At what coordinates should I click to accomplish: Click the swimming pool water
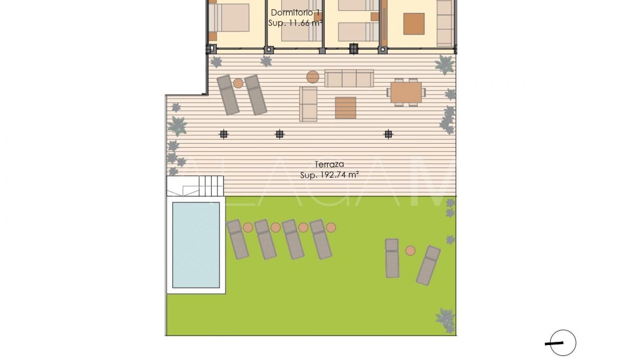[196, 245]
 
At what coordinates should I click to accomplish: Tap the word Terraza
[329, 164]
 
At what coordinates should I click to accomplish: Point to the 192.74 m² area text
[329, 175]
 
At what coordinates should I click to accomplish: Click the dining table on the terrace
[406, 92]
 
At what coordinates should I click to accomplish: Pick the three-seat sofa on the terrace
[349, 78]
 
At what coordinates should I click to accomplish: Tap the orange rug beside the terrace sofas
[346, 108]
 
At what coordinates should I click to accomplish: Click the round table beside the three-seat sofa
[313, 77]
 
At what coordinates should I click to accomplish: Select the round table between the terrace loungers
[238, 83]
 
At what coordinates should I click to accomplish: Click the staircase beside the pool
[211, 186]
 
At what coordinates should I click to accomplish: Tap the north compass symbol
[563, 343]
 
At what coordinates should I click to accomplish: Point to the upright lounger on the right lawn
[392, 258]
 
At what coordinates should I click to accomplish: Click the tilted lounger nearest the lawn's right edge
[428, 265]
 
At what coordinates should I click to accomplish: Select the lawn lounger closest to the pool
[238, 239]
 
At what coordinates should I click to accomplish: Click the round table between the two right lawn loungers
[410, 250]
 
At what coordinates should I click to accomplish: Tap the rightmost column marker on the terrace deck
[388, 134]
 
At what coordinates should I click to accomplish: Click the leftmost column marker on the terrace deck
[224, 134]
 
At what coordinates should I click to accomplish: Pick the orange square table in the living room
[414, 24]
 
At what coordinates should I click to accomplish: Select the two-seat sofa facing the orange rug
[308, 104]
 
